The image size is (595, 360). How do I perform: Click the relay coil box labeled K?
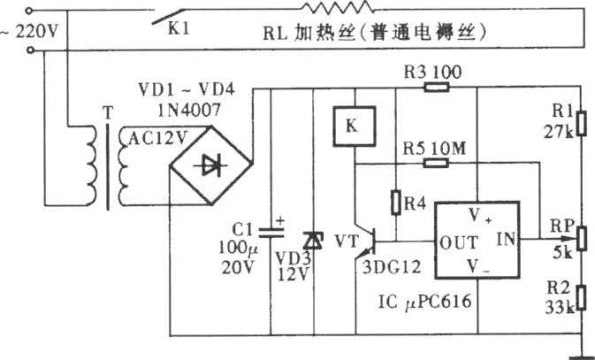[354, 126]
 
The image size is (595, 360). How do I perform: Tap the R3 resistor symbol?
[437, 88]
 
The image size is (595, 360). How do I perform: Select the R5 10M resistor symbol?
[436, 164]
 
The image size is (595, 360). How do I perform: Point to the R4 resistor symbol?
[396, 203]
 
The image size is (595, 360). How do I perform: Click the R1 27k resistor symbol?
[582, 124]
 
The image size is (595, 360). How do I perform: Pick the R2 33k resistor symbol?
[582, 298]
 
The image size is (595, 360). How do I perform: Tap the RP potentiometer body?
[582, 238]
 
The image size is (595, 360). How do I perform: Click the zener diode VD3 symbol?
[314, 241]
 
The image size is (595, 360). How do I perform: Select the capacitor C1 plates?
[271, 233]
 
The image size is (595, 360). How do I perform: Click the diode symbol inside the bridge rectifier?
[210, 165]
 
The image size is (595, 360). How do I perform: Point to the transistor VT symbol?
[365, 241]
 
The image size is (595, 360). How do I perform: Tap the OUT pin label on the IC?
[458, 242]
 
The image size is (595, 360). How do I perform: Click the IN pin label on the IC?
[507, 239]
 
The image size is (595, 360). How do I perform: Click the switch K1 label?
[179, 29]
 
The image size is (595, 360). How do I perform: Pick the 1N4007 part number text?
[189, 111]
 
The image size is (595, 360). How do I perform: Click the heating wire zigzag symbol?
[337, 7]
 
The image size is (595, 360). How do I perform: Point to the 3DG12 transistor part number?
[392, 267]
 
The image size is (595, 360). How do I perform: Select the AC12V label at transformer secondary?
[158, 139]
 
